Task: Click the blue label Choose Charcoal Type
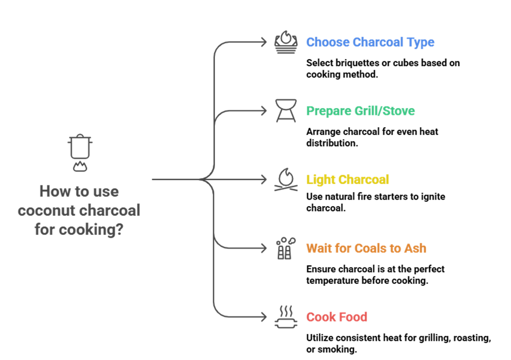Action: coord(370,42)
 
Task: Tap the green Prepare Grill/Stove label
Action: coord(360,111)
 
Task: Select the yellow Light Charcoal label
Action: coord(347,179)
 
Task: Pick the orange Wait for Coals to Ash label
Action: coord(366,249)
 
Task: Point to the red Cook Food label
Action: coord(336,317)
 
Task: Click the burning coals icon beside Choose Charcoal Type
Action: coord(286,42)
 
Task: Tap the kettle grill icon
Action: coord(286,110)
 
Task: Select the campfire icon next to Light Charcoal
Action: coord(286,179)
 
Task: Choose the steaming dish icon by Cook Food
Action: coord(286,317)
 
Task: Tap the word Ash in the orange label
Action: coord(415,249)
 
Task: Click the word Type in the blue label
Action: coord(420,42)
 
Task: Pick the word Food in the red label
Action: coord(353,317)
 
